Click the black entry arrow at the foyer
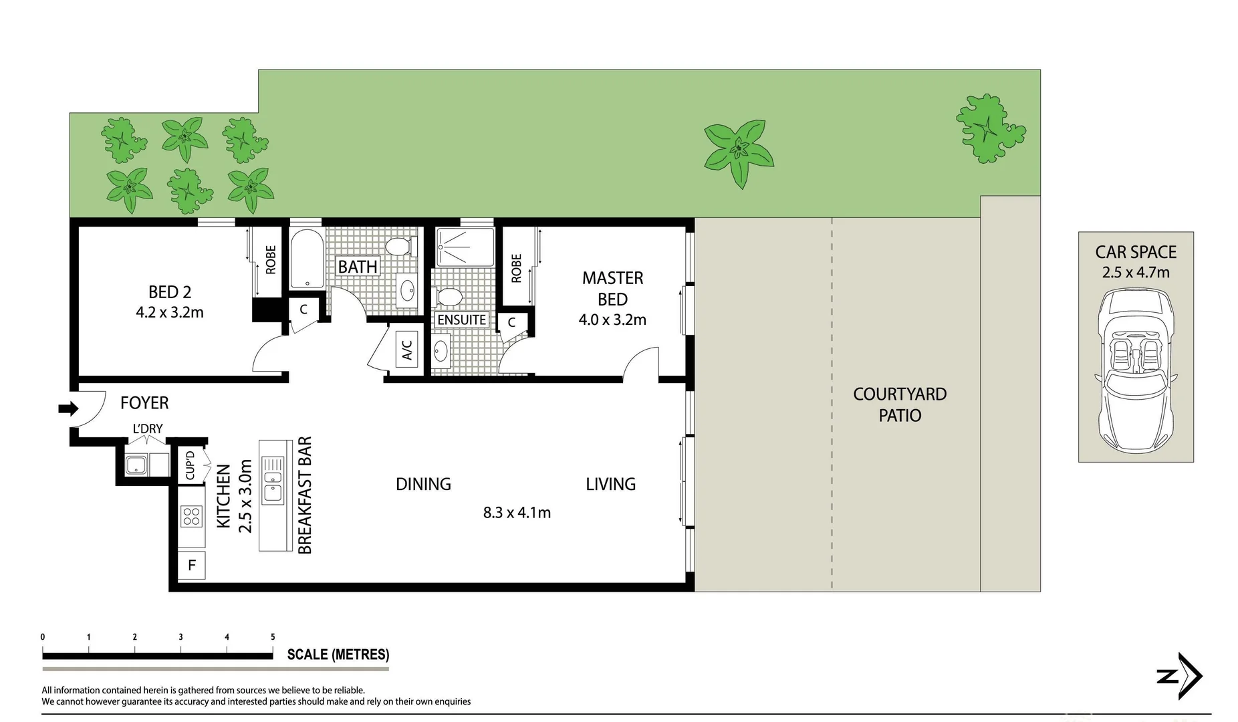click(x=68, y=408)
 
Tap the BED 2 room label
click(x=170, y=292)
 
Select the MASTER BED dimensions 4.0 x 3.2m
click(x=612, y=320)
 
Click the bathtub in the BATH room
click(x=307, y=259)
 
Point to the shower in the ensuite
click(x=465, y=248)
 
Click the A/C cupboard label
click(x=407, y=349)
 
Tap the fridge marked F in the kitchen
click(x=192, y=566)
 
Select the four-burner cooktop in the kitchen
click(x=191, y=516)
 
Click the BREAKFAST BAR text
click(x=305, y=495)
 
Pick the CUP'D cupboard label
click(x=190, y=465)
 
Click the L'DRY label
click(x=148, y=429)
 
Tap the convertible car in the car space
click(x=1136, y=370)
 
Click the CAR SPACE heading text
click(x=1136, y=252)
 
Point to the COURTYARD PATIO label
click(x=900, y=404)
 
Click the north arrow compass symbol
click(x=1180, y=676)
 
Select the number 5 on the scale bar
click(x=273, y=637)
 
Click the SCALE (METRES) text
click(x=338, y=654)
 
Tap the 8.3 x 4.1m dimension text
click(x=517, y=513)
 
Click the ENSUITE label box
click(x=461, y=320)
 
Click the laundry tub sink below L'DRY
click(x=136, y=464)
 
